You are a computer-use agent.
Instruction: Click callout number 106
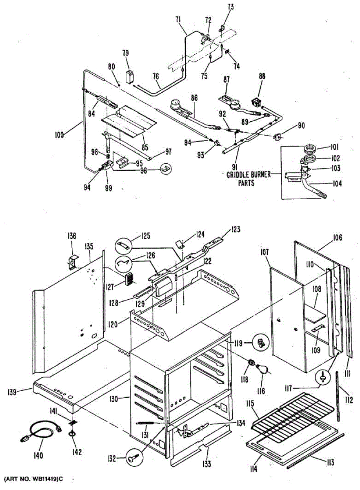(x=337, y=238)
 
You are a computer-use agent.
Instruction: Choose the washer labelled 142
(x=72, y=434)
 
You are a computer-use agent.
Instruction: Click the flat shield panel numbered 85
(x=129, y=121)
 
